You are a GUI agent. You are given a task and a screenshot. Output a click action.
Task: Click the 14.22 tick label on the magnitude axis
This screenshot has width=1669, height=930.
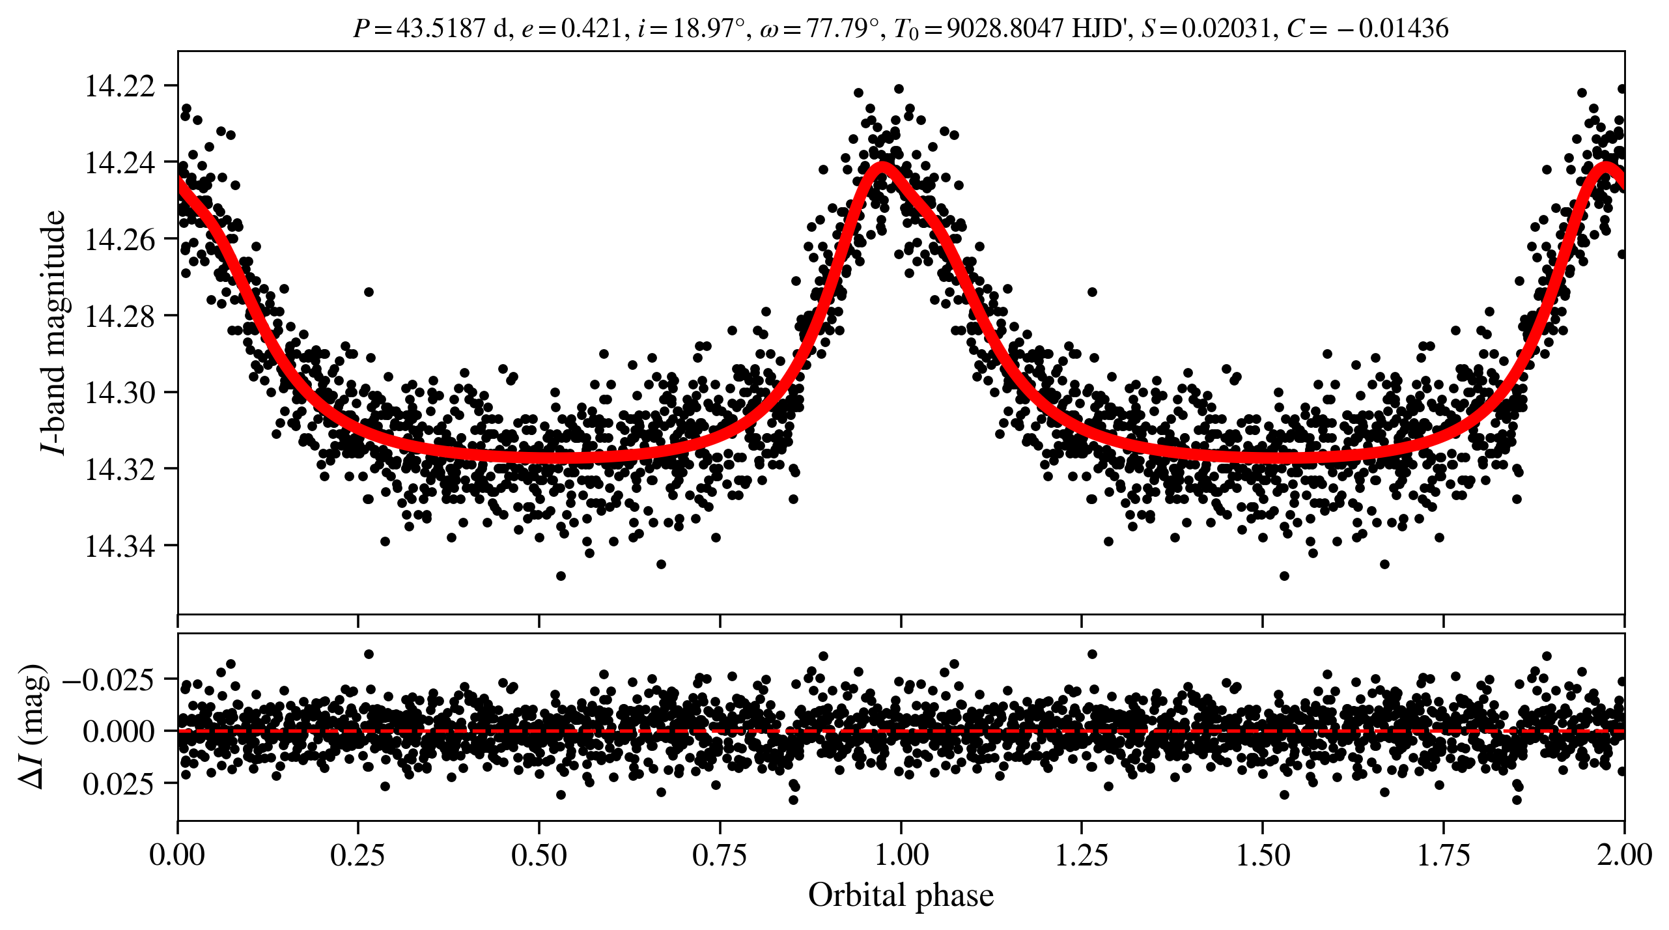tap(120, 86)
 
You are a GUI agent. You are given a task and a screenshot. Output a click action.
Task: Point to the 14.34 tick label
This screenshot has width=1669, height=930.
tap(120, 546)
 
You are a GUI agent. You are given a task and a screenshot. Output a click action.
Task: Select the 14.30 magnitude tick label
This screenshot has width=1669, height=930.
tap(120, 393)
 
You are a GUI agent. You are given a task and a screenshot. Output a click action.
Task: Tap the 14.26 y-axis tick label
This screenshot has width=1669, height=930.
tap(120, 240)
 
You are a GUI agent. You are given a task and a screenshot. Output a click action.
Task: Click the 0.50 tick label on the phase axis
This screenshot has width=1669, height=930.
tap(539, 855)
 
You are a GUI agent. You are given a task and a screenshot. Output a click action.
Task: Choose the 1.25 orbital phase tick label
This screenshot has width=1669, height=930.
tap(1081, 855)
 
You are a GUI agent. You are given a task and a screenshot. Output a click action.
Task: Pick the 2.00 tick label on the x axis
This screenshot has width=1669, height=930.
tap(1624, 855)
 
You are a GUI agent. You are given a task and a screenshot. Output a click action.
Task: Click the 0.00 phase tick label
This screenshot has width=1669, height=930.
tap(177, 855)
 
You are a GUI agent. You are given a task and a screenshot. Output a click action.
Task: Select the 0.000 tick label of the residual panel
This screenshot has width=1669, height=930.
tap(119, 731)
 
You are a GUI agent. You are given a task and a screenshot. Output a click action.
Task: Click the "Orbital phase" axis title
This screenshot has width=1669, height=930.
tap(901, 895)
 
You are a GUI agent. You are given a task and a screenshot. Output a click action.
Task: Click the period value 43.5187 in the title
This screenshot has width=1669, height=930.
tap(441, 29)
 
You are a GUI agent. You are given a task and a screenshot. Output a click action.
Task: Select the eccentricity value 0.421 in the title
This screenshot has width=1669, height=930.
tap(591, 29)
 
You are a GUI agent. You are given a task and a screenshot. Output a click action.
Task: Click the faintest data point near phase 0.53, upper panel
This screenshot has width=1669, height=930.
tap(561, 576)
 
